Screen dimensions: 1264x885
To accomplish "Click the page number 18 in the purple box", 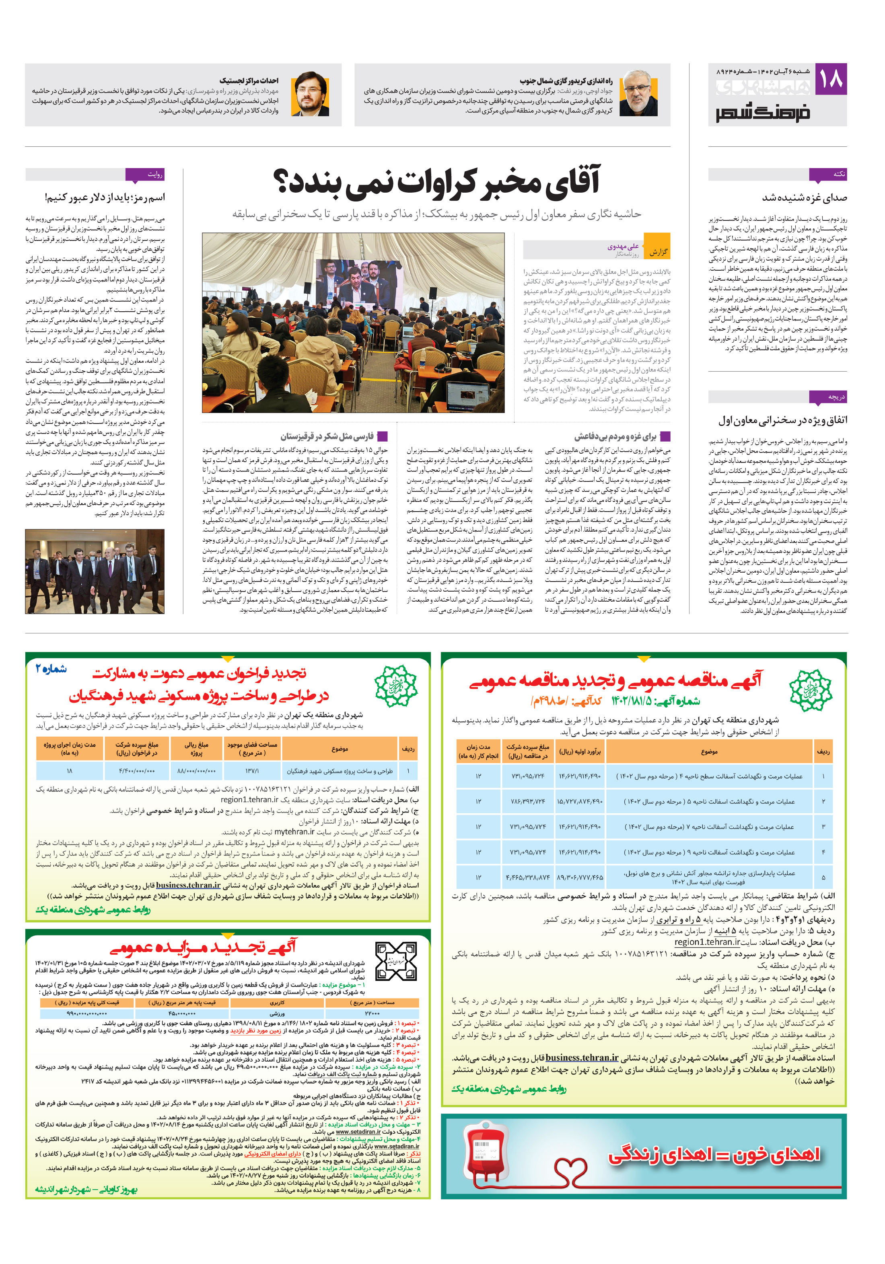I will (830, 79).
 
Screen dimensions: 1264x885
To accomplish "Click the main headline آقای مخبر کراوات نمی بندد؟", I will (437, 182).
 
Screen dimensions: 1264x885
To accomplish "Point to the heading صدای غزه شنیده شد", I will (804, 197).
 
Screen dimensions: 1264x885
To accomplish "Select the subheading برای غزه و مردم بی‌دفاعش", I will (615, 437).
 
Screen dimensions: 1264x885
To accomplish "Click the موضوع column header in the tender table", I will (709, 752).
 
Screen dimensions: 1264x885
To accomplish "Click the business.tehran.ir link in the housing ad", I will (188, 885).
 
